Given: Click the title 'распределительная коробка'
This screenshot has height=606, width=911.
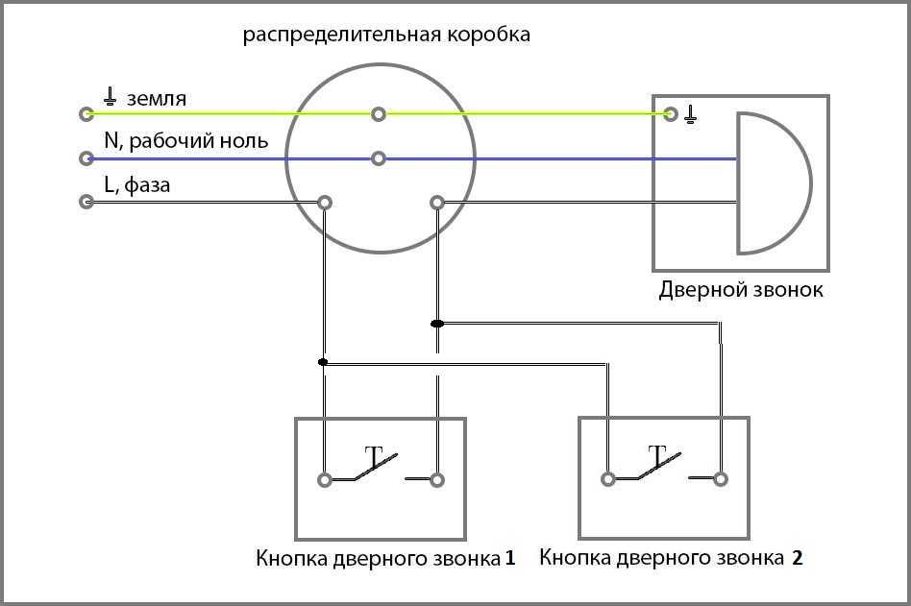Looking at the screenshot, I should coord(386,36).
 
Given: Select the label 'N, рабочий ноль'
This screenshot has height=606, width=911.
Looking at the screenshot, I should coord(185,141).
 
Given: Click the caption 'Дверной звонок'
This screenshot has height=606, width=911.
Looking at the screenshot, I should coord(740,289).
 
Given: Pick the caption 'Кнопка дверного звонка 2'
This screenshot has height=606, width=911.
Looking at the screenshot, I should coord(671,557).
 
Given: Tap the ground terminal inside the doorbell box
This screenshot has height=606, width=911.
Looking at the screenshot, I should coord(671,114).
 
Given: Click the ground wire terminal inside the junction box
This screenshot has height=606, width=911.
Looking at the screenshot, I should coord(379,114).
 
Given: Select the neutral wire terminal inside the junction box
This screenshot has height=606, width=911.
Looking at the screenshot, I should coord(379,158).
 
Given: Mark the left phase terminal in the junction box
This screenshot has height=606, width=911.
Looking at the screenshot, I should coord(325,203).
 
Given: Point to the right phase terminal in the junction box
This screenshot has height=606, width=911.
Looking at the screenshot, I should coord(437,203).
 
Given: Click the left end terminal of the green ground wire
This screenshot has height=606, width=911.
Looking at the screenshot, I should coord(86,114).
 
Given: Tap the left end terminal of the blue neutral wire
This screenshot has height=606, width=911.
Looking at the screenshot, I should coord(86,158).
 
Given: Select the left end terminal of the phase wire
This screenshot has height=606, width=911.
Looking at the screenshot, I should coord(86,203).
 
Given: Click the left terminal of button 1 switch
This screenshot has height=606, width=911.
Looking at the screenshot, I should coord(325,479).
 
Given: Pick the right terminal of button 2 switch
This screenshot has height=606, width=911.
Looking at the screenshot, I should coord(722,478).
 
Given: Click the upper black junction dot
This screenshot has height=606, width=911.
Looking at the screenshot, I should coord(437,324).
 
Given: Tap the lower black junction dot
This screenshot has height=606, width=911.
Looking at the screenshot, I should coord(323,362).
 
